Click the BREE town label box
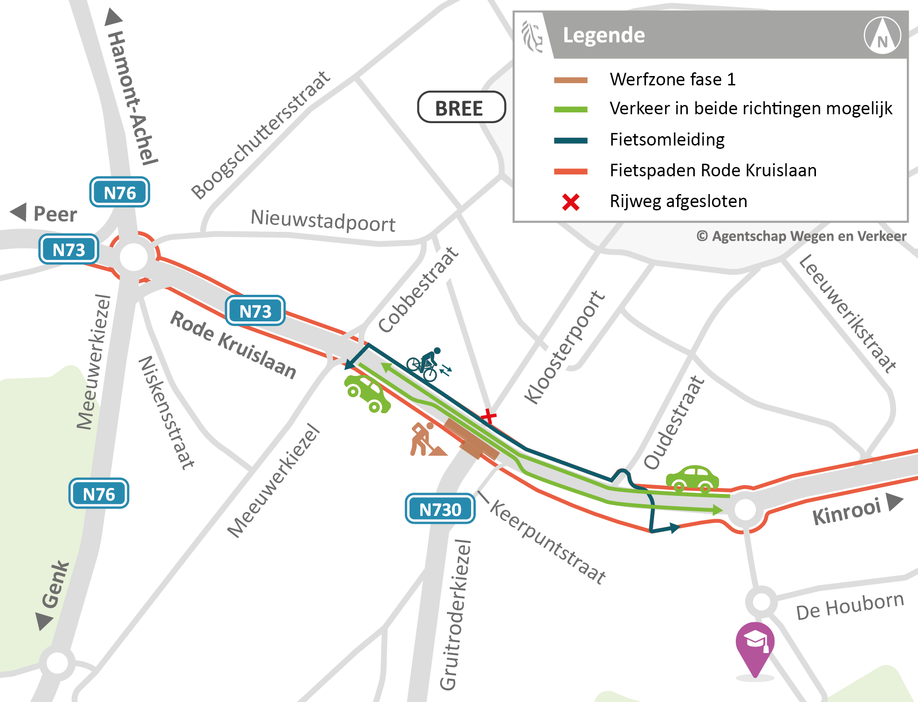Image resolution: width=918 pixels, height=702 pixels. (461, 107)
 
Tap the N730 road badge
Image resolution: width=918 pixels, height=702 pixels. (440, 509)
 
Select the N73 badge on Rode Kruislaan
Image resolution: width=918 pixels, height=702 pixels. (255, 311)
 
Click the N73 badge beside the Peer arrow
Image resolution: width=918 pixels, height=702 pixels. (69, 249)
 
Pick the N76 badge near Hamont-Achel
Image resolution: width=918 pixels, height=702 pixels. (119, 192)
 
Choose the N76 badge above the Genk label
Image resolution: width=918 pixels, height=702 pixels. (99, 493)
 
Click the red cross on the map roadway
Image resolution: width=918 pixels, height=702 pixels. (488, 416)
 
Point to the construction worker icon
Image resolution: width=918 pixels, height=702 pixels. (425, 439)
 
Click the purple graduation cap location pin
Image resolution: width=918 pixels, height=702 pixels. (755, 646)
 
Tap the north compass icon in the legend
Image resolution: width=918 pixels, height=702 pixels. (882, 35)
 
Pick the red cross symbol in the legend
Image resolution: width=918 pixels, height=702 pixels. (570, 202)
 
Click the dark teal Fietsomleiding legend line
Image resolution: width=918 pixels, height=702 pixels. (570, 140)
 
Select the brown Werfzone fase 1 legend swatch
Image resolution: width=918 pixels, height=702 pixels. (570, 80)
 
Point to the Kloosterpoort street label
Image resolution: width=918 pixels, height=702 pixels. (564, 348)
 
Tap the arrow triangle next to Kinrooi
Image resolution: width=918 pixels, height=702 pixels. (894, 502)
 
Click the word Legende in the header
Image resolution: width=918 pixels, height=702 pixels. (603, 35)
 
